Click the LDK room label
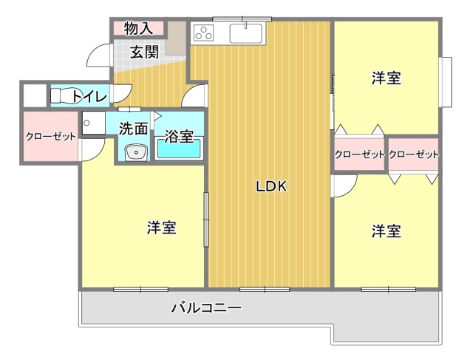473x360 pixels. [270, 187]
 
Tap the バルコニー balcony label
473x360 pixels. [206, 308]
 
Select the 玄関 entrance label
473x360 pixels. [145, 52]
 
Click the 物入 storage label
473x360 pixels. [138, 29]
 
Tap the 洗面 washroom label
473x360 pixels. [134, 127]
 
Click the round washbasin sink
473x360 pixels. [135, 152]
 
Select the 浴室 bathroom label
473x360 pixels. [179, 137]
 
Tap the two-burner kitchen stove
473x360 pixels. [203, 33]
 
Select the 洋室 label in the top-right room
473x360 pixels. [386, 78]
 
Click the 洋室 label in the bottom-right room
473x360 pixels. [386, 231]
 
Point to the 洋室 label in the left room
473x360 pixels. [161, 228]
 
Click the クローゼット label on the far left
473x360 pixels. [51, 137]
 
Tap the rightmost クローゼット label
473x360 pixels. [413, 154]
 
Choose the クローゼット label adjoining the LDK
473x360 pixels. [359, 154]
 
